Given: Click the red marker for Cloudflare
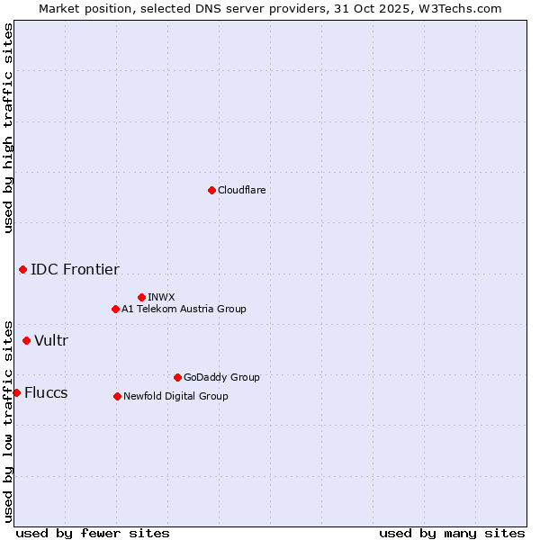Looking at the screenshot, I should [211, 190].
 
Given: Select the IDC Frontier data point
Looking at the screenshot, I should [22, 269].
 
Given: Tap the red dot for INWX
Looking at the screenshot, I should [141, 297].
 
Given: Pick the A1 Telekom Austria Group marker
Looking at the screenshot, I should [115, 309].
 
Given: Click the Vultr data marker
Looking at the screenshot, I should [26, 340].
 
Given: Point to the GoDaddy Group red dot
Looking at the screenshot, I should [177, 377].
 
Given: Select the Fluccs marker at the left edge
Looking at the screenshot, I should [16, 392].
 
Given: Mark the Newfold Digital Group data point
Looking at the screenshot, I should [117, 396].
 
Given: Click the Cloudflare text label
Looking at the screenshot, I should [241, 190].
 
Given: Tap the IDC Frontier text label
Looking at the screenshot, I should [75, 270].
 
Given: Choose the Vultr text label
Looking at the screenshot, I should [51, 340].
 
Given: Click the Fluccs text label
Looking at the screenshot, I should [46, 392].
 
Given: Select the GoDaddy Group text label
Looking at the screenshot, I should [221, 377].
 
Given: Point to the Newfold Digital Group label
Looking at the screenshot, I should [175, 396].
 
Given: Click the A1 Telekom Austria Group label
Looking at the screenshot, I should [184, 309].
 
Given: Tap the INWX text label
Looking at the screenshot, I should [161, 297].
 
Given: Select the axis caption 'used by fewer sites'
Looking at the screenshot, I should [93, 533].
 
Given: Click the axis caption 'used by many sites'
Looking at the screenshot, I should [452, 533].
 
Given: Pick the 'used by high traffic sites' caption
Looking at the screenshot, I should [8, 128].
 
